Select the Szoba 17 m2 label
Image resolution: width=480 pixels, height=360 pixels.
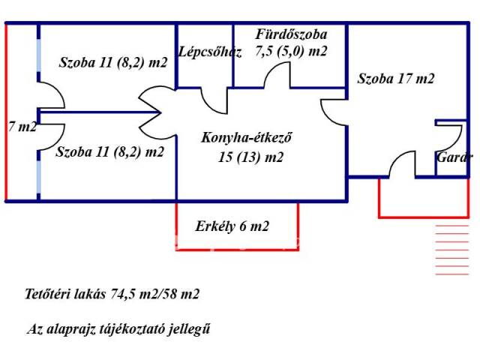point(396,78)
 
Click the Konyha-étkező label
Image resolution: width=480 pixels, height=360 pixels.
point(246,138)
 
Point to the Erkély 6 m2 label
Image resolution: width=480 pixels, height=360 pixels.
point(232,226)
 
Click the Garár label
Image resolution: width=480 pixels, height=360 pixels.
point(455,157)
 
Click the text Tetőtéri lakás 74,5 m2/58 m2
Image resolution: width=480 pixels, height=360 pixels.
point(112,294)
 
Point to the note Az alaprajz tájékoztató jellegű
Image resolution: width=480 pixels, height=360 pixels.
point(123,328)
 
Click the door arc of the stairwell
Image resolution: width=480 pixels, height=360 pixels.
point(216,100)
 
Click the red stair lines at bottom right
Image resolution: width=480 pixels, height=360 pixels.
point(451,247)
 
